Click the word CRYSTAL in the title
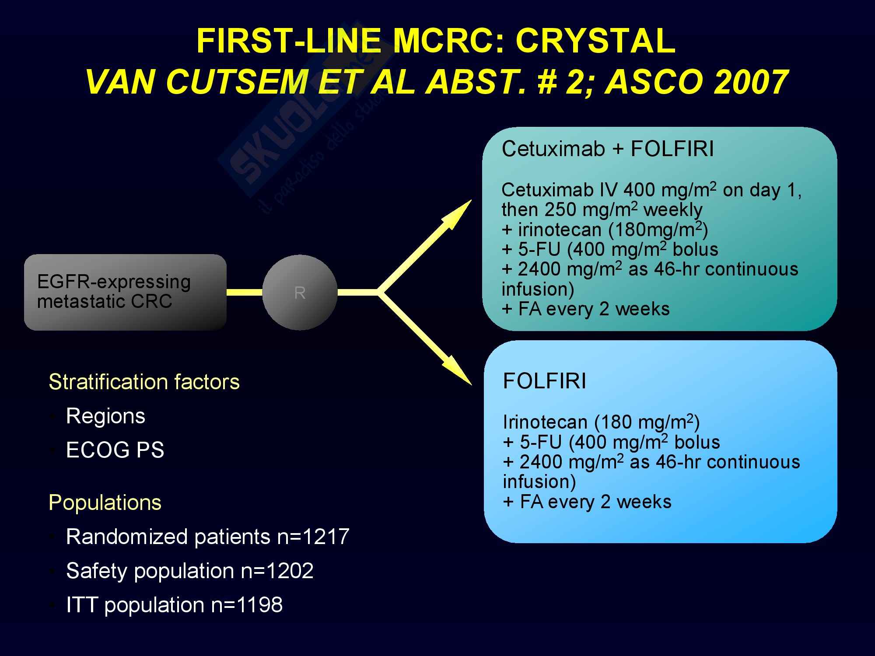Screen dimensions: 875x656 [x=596, y=41]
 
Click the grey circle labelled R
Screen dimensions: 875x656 [x=300, y=292]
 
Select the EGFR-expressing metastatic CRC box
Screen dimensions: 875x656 [x=125, y=292]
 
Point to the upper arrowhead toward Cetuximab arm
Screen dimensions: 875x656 [x=458, y=214]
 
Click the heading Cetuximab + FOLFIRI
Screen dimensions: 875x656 [x=608, y=149]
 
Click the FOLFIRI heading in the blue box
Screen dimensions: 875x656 [x=544, y=381]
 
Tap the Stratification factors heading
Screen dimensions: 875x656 [x=144, y=382]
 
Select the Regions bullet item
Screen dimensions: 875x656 [x=105, y=416]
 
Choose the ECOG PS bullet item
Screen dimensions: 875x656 [x=115, y=450]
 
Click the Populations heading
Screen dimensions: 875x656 [x=105, y=502]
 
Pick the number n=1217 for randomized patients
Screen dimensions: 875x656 [x=313, y=537]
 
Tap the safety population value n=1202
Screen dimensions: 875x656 [x=277, y=571]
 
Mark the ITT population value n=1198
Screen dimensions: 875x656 [x=247, y=605]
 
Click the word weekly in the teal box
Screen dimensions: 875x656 [x=673, y=210]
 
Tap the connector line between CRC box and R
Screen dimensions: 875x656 [x=245, y=292]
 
